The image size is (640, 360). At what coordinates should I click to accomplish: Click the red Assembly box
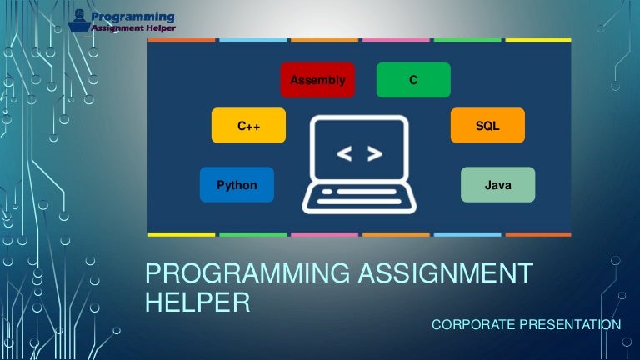point(317,80)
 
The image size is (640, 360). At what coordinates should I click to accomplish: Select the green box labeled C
point(413,80)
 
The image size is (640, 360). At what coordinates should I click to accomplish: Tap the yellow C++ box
point(249,126)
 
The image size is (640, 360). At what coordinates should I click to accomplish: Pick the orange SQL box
point(487,125)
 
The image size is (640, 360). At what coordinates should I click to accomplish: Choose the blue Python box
point(237,185)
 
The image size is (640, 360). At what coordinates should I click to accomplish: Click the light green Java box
point(497,185)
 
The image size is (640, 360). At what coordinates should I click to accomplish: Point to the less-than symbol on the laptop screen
point(343,153)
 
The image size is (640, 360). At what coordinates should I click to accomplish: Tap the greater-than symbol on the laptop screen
point(375,153)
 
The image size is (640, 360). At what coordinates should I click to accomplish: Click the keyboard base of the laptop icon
point(359,197)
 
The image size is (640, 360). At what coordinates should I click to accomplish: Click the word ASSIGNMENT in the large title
point(447,272)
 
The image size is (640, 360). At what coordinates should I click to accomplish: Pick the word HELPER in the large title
point(197,302)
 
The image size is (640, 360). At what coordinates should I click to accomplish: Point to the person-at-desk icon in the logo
point(80,20)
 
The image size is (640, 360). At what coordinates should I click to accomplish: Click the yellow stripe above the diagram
point(538,39)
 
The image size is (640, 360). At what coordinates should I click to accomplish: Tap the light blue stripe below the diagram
point(467,234)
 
